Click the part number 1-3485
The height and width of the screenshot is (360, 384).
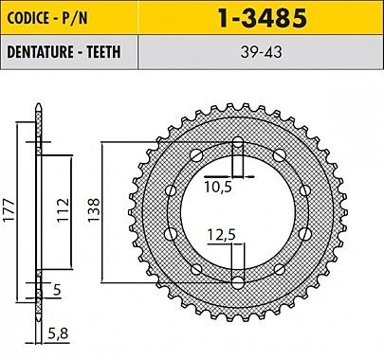coord(262,18)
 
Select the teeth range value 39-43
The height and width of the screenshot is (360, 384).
coord(261,53)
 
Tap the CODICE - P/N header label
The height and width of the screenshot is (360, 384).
coord(47,18)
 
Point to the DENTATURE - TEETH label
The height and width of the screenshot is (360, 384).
coord(64,52)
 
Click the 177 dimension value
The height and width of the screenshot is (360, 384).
coord(9,209)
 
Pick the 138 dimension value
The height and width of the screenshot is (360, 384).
coord(94,210)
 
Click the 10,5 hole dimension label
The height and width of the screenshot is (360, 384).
coord(218,187)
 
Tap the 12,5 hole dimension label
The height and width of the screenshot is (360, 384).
coord(222,235)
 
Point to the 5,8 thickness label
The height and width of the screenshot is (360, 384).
coord(58,333)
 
